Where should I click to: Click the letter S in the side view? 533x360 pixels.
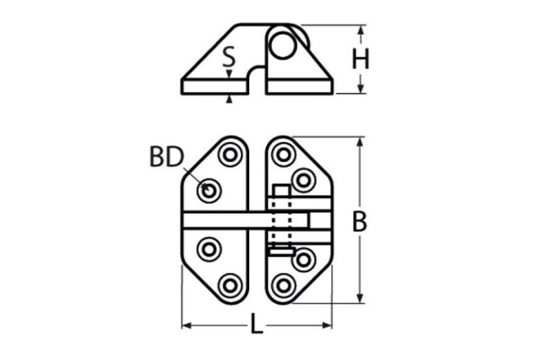(x=228, y=57)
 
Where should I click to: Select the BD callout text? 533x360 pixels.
(x=166, y=158)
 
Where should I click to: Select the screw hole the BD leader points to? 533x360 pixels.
(x=208, y=190)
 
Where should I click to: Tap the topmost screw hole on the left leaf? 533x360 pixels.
(x=231, y=154)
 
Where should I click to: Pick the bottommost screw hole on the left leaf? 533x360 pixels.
(x=230, y=285)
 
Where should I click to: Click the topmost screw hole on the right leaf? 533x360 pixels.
(x=283, y=154)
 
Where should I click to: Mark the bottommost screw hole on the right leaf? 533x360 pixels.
(x=283, y=285)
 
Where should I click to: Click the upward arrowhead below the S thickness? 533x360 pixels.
(x=229, y=99)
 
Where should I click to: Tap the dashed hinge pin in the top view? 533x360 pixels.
(x=280, y=219)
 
